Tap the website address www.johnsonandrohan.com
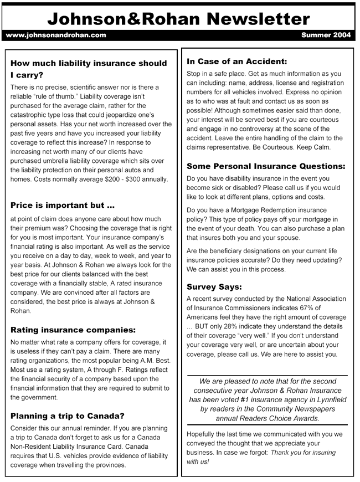(55, 35)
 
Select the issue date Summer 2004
(326, 35)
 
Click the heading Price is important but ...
(63, 205)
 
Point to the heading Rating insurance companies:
(73, 330)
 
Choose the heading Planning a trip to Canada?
(68, 416)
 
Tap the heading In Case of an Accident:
(236, 61)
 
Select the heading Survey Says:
(214, 287)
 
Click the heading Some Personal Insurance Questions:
(266, 166)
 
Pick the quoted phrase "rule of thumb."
(57, 96)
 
